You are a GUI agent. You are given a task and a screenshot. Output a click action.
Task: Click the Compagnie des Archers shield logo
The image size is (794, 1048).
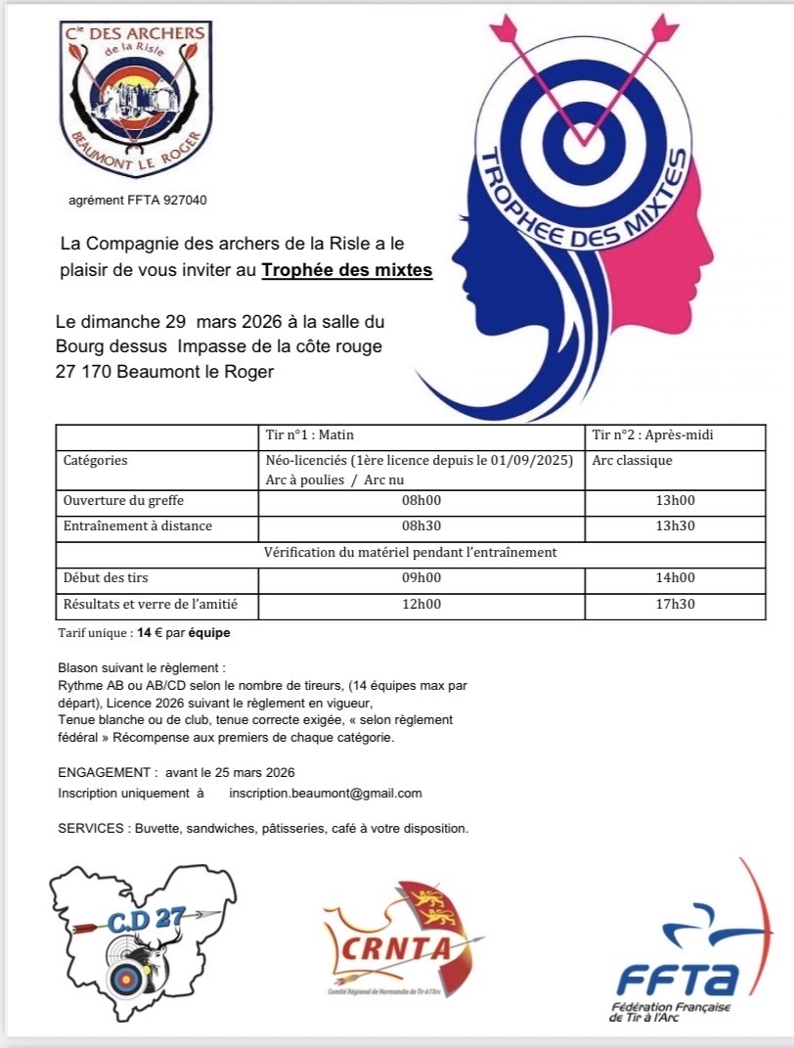[134, 99]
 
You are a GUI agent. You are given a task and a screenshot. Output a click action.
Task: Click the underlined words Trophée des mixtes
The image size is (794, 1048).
[346, 270]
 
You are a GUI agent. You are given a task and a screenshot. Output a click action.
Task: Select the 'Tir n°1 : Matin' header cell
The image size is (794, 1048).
[312, 434]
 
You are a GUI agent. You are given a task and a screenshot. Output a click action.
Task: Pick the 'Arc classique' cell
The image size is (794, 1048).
[633, 460]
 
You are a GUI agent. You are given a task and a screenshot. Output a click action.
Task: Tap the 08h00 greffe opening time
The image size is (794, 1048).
[422, 500]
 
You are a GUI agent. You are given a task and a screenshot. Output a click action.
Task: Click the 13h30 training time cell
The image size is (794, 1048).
[676, 525]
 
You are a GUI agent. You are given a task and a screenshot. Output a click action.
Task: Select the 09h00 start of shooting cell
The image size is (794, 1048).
[422, 577]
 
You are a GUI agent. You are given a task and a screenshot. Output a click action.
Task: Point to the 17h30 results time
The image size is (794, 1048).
[676, 604]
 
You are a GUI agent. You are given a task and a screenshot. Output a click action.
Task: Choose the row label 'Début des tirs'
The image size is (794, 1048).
[106, 577]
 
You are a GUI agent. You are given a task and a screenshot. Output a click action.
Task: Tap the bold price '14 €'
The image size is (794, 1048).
[152, 633]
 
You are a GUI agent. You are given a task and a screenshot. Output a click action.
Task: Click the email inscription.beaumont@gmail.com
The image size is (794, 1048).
[326, 793]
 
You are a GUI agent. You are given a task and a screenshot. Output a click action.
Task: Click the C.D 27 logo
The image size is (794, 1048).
[143, 930]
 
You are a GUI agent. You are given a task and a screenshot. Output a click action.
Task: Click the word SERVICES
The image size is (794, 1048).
[90, 829]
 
